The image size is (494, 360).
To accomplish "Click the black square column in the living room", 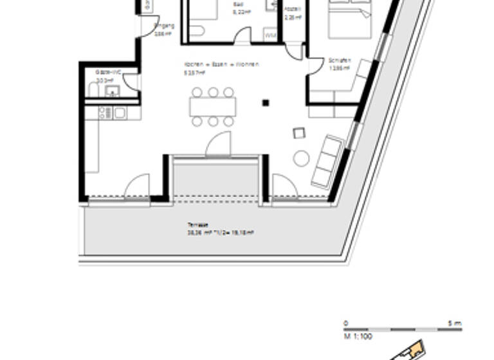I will [x=265, y=102].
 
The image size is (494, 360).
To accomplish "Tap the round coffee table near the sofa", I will [x=301, y=158].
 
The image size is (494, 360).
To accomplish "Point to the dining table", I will [x=213, y=106].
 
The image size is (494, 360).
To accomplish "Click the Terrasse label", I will [x=198, y=225].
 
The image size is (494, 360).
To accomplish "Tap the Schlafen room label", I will [x=340, y=60].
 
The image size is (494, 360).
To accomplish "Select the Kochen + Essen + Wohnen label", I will [x=221, y=64].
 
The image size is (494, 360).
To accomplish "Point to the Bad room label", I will [x=238, y=4].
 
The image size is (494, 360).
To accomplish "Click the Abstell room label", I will [x=293, y=9].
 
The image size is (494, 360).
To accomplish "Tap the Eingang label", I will [x=164, y=26].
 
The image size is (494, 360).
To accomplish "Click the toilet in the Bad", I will [x=197, y=30].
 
